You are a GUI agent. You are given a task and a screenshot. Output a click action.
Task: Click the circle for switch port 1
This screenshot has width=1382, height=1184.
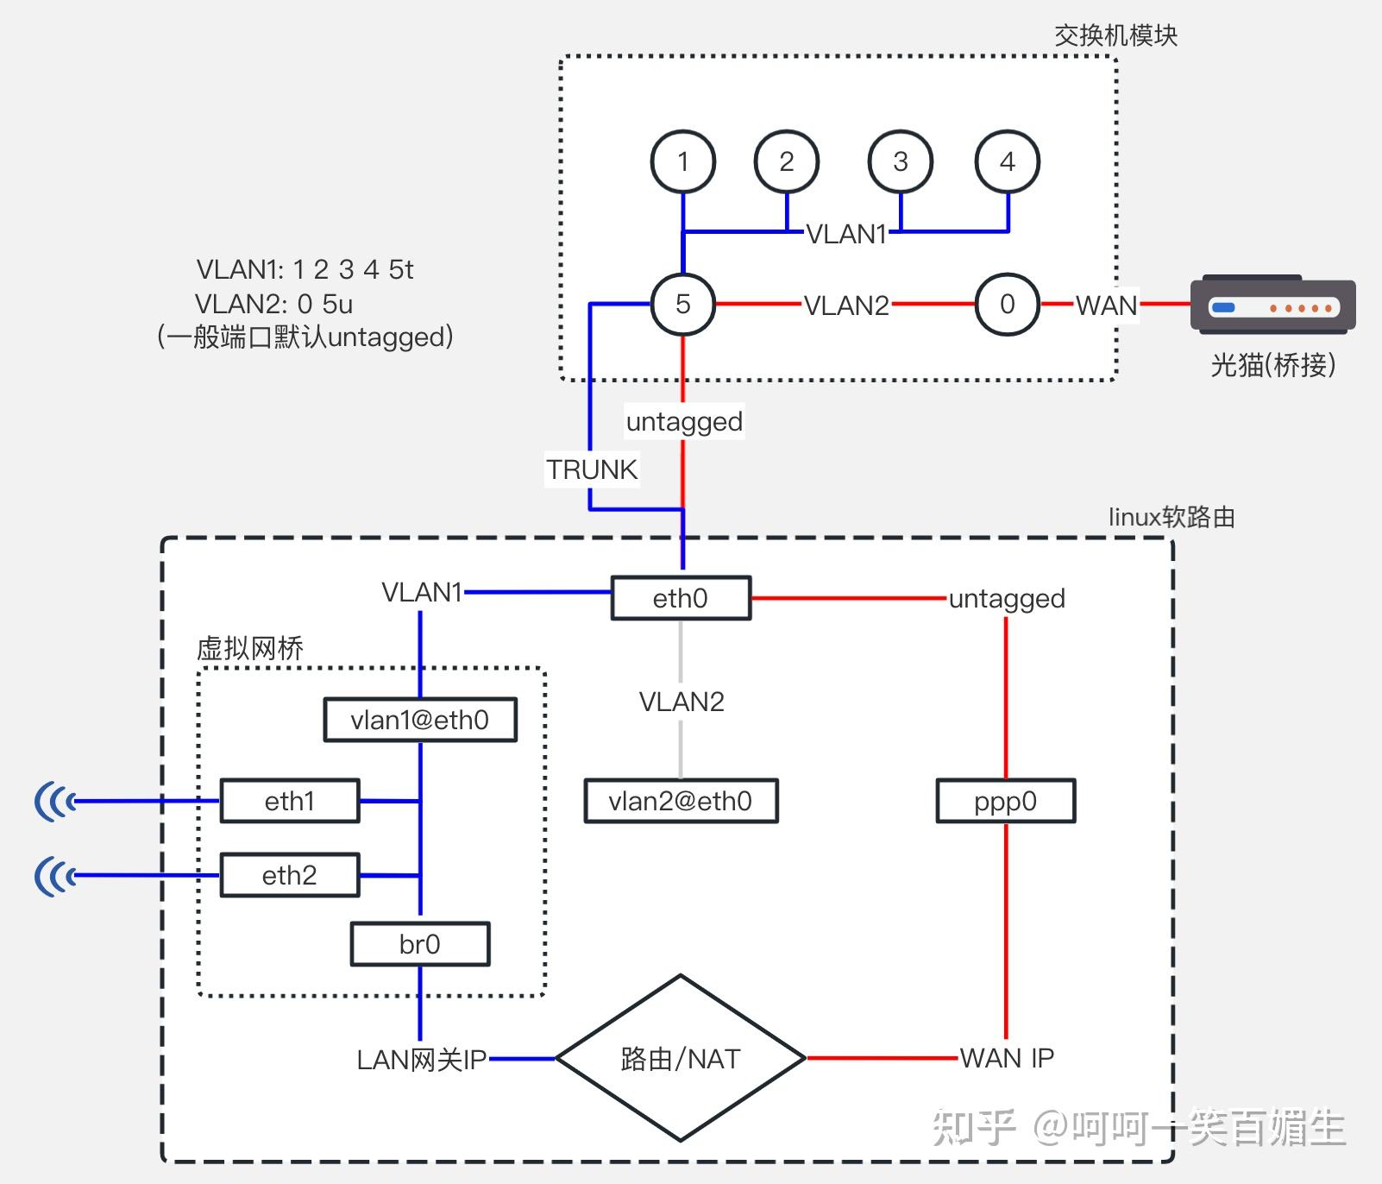point(682,161)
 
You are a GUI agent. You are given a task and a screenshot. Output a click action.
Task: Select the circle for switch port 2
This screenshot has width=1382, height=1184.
point(786,161)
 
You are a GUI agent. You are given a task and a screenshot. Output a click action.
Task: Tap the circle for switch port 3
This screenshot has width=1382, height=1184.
point(900,161)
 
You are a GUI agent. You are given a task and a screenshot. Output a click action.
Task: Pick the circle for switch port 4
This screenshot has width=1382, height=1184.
point(1007,161)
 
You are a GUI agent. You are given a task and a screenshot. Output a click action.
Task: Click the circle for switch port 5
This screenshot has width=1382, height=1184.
point(682,304)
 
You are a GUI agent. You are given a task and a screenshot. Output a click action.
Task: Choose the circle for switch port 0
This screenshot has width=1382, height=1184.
point(1007,304)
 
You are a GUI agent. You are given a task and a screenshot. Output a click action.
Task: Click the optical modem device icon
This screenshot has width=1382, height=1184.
point(1272,305)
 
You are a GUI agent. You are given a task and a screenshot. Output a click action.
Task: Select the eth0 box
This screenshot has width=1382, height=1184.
point(681,598)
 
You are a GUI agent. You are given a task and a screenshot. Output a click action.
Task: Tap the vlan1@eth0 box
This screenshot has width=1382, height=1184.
point(420,720)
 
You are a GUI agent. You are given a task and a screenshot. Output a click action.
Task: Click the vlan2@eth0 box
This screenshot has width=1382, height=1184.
point(681,801)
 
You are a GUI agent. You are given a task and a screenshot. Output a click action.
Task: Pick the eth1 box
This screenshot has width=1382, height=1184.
point(290,801)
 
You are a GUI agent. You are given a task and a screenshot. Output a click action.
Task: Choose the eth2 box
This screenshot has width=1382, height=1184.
point(290,875)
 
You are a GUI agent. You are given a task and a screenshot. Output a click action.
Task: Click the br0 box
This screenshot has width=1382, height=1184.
point(420,944)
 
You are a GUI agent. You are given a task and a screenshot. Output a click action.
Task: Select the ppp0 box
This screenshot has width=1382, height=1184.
point(1005,801)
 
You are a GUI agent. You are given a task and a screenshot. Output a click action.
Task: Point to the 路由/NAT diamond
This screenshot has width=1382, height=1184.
point(681,1058)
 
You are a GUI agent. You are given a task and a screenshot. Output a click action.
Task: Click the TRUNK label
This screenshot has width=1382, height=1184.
point(592,469)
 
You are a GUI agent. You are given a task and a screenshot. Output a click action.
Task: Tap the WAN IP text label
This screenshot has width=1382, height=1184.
point(1007,1057)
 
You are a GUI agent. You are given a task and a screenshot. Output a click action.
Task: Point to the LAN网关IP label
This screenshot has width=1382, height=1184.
point(422,1059)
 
